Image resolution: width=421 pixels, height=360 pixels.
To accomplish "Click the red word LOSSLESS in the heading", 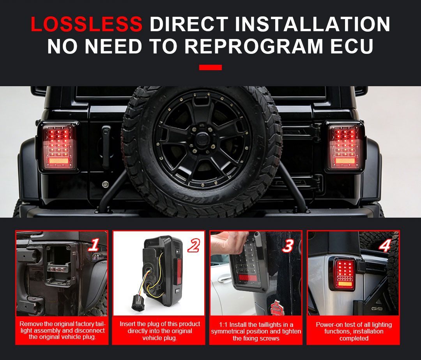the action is click(x=87, y=24).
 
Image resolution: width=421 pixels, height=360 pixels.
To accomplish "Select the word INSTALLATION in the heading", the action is click(x=312, y=24).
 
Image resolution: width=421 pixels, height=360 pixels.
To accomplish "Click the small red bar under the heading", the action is click(x=210, y=67).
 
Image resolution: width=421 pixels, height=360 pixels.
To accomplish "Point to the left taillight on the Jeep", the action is click(x=58, y=147).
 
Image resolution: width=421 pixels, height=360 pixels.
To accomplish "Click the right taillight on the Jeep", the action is click(x=345, y=147).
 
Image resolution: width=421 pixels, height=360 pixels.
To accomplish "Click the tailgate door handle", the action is click(x=106, y=146).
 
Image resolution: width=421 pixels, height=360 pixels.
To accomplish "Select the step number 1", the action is click(x=94, y=245).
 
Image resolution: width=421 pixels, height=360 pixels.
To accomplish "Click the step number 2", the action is click(x=193, y=246).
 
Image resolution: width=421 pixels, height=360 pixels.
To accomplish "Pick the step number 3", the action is click(x=288, y=246).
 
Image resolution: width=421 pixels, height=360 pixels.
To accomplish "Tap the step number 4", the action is click(x=385, y=246).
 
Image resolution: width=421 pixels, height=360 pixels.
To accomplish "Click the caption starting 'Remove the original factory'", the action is click(x=62, y=330).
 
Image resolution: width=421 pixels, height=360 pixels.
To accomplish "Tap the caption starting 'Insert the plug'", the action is click(x=160, y=331).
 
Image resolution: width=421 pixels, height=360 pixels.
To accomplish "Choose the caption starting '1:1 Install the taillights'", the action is click(x=256, y=331).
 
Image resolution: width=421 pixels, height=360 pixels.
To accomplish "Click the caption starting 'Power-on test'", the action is click(x=354, y=331).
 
